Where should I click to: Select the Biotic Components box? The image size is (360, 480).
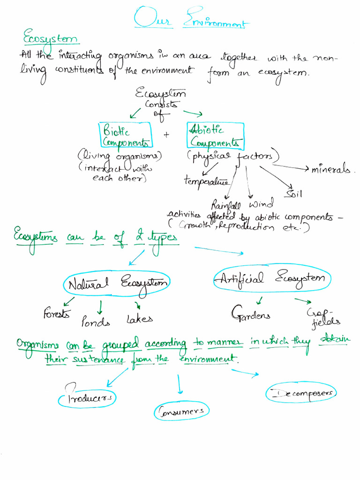pos(125,135)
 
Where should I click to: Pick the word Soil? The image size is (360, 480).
pos(294,193)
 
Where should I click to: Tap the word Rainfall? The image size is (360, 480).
pos(226,205)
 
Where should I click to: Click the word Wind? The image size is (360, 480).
pos(261,204)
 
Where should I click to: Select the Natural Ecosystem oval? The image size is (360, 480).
pos(117,284)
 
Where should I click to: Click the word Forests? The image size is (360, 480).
pos(57,313)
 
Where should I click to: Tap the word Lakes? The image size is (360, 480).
pos(139,319)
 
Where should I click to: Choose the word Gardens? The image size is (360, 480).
pos(250,315)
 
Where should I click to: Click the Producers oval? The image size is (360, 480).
pos(87,398)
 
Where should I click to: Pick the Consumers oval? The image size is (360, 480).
pos(181,412)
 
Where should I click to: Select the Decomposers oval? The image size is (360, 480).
pos(302,393)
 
